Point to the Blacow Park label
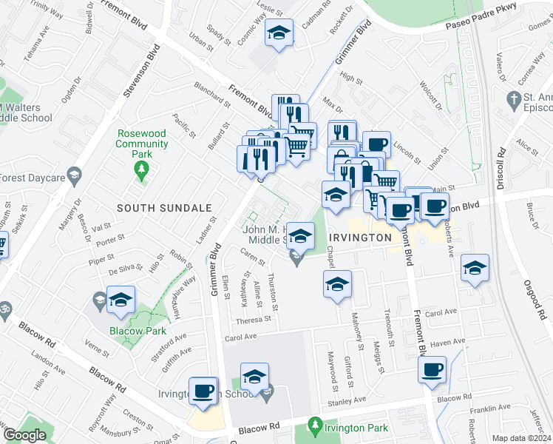coord(138,331)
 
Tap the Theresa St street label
coord(254,320)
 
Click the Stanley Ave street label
coord(347,400)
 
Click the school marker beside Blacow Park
coord(121,299)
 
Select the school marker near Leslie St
coord(279,33)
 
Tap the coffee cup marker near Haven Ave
coord(432,369)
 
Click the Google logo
coord(24,436)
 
